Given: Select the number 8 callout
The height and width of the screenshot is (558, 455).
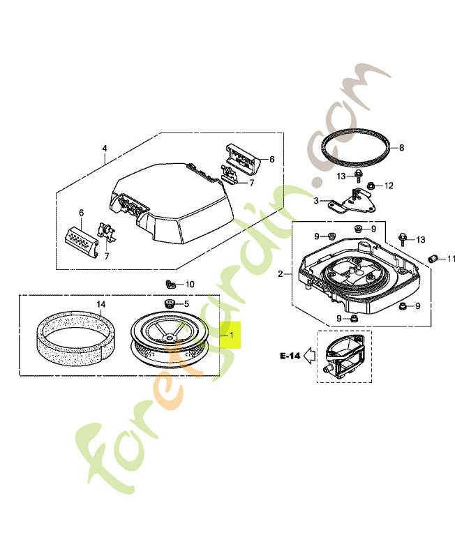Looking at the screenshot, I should pyautogui.click(x=402, y=148).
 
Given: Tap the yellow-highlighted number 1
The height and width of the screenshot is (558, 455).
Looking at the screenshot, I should pyautogui.click(x=231, y=335).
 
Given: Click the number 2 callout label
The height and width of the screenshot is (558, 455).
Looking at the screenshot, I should pyautogui.click(x=281, y=274).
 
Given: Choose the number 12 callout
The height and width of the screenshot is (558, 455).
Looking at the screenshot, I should pyautogui.click(x=389, y=186).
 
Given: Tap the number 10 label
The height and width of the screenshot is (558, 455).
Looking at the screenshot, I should pyautogui.click(x=190, y=284).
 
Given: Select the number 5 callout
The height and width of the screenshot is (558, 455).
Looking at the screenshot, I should pyautogui.click(x=186, y=303).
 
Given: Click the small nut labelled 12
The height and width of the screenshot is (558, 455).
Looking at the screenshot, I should pyautogui.click(x=372, y=186).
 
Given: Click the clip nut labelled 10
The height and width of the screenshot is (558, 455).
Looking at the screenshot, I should pyautogui.click(x=170, y=284).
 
